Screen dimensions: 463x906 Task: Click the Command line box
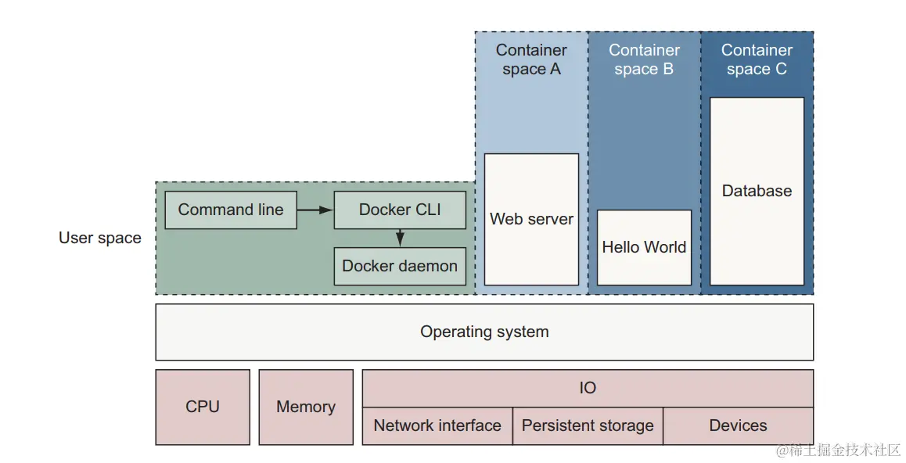point(231,210)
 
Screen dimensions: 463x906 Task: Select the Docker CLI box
point(400,210)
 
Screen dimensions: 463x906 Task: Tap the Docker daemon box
point(400,266)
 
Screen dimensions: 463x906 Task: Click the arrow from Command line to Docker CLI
point(315,210)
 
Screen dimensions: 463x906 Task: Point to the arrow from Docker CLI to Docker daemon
point(400,238)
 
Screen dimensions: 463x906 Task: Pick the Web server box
point(531,219)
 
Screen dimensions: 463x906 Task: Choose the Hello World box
point(644,247)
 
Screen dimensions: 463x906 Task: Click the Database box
point(757,191)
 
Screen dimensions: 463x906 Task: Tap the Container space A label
point(531,59)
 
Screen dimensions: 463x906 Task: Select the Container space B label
point(644,59)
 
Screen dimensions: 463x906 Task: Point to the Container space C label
point(757,59)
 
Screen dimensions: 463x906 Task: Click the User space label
point(100,238)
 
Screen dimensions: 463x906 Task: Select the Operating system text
point(484,332)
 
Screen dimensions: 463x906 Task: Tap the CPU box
point(203,407)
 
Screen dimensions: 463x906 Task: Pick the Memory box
point(306,407)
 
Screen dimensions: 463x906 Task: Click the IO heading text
point(588,388)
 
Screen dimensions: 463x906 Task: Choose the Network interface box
point(437,425)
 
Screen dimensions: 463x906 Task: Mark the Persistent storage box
point(588,425)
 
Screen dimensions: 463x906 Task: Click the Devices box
point(738,425)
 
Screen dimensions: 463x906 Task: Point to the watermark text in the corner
point(839,450)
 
